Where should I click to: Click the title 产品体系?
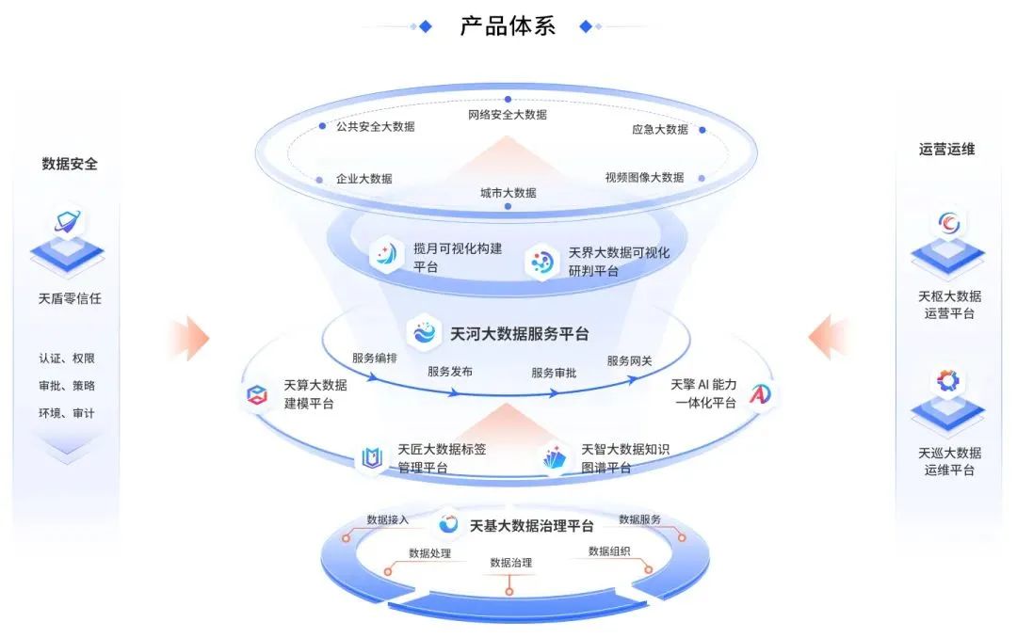[508, 25]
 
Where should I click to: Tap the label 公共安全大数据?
[375, 126]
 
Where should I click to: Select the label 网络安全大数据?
[508, 115]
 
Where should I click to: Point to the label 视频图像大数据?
[644, 177]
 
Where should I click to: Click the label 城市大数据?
[508, 193]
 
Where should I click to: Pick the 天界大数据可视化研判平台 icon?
[542, 262]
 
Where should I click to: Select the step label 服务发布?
[450, 372]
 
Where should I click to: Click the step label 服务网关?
[630, 360]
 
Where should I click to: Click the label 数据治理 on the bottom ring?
[510, 563]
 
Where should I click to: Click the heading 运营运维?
[946, 149]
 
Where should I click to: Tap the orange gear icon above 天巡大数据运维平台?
[947, 381]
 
